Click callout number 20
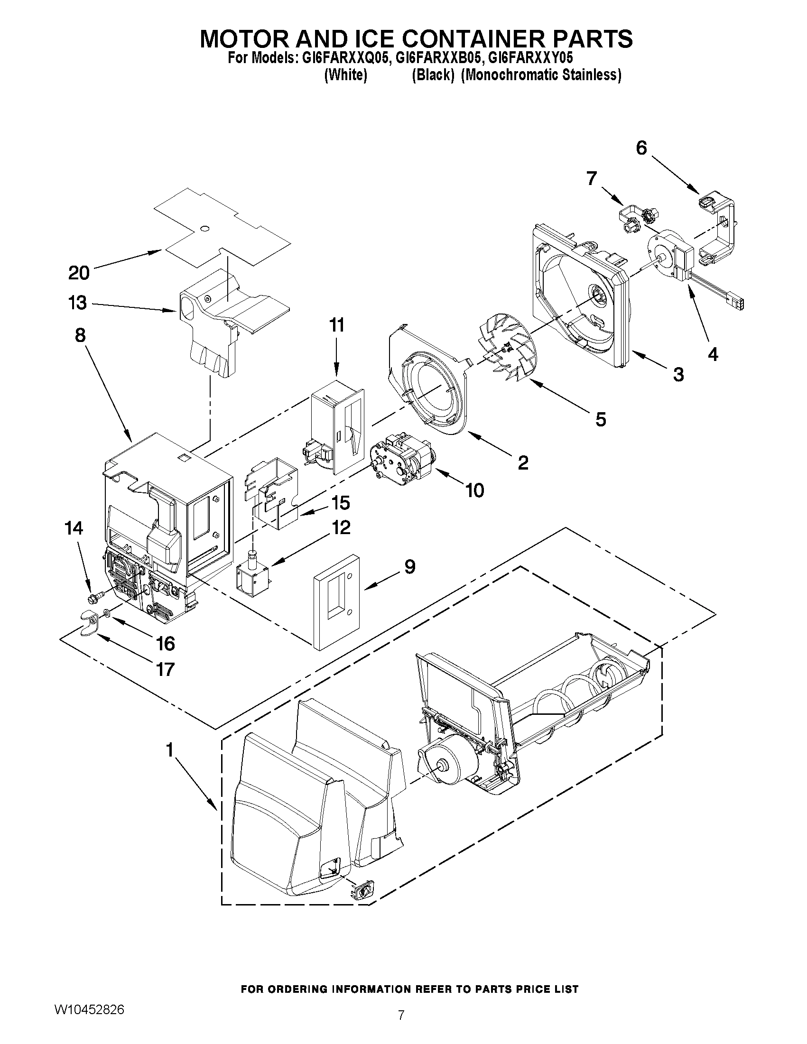(x=79, y=273)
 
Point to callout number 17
(x=165, y=669)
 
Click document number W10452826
(x=89, y=1009)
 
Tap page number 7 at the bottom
(x=401, y=1025)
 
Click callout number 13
(x=78, y=303)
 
